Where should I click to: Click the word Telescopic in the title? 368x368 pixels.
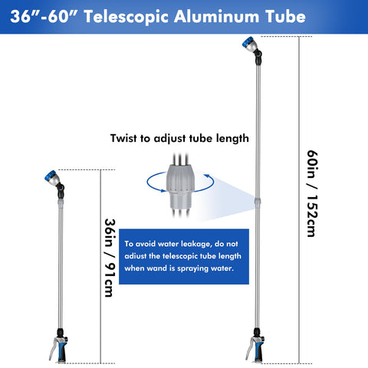pos(127,17)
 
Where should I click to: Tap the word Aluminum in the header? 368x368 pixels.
pos(217,17)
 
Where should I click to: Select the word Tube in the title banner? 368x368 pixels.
pos(285,17)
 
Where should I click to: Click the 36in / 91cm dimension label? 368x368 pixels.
pos(110,258)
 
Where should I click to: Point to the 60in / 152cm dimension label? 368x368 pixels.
pos(312,193)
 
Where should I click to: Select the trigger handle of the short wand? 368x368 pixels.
pos(59,348)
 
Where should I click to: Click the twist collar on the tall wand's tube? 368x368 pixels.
pos(258,202)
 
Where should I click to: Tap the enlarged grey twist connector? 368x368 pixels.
pos(180,186)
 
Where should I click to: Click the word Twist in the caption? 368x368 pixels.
pos(123,138)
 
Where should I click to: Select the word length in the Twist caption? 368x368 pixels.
pos(232,139)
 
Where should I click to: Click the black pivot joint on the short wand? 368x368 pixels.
pos(61,191)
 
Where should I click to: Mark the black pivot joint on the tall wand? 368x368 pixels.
pos(258,57)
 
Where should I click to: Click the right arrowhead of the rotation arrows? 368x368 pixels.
pos(206,176)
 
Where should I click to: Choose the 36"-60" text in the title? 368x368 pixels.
pos(44,17)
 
